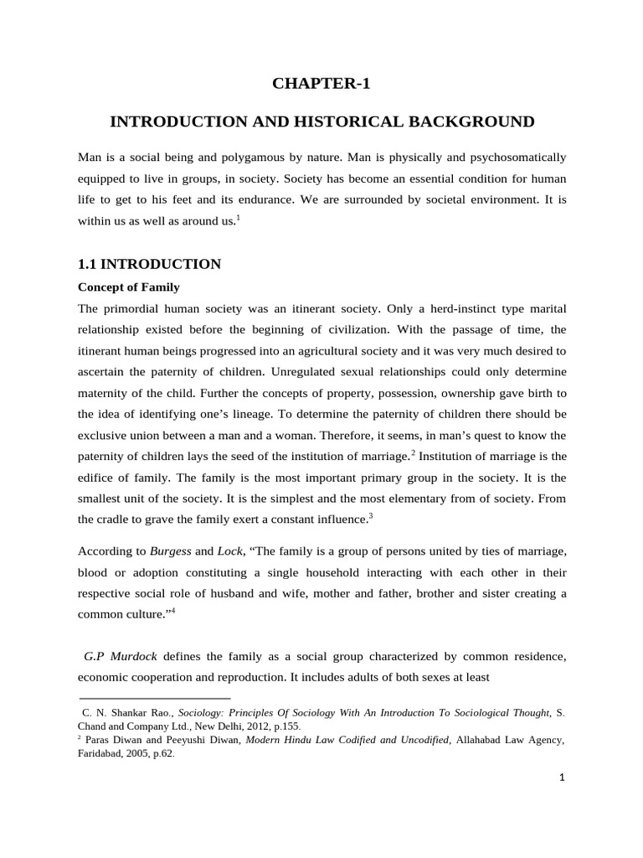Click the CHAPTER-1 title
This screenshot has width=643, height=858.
point(321,84)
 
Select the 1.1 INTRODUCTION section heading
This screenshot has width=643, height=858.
point(149,264)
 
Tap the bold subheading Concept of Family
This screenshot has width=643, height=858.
point(128,287)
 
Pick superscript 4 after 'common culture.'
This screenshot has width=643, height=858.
point(172,609)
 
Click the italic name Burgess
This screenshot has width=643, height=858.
point(171,552)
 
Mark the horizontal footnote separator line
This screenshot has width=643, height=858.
point(154,698)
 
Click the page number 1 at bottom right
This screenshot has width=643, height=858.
point(563,778)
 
